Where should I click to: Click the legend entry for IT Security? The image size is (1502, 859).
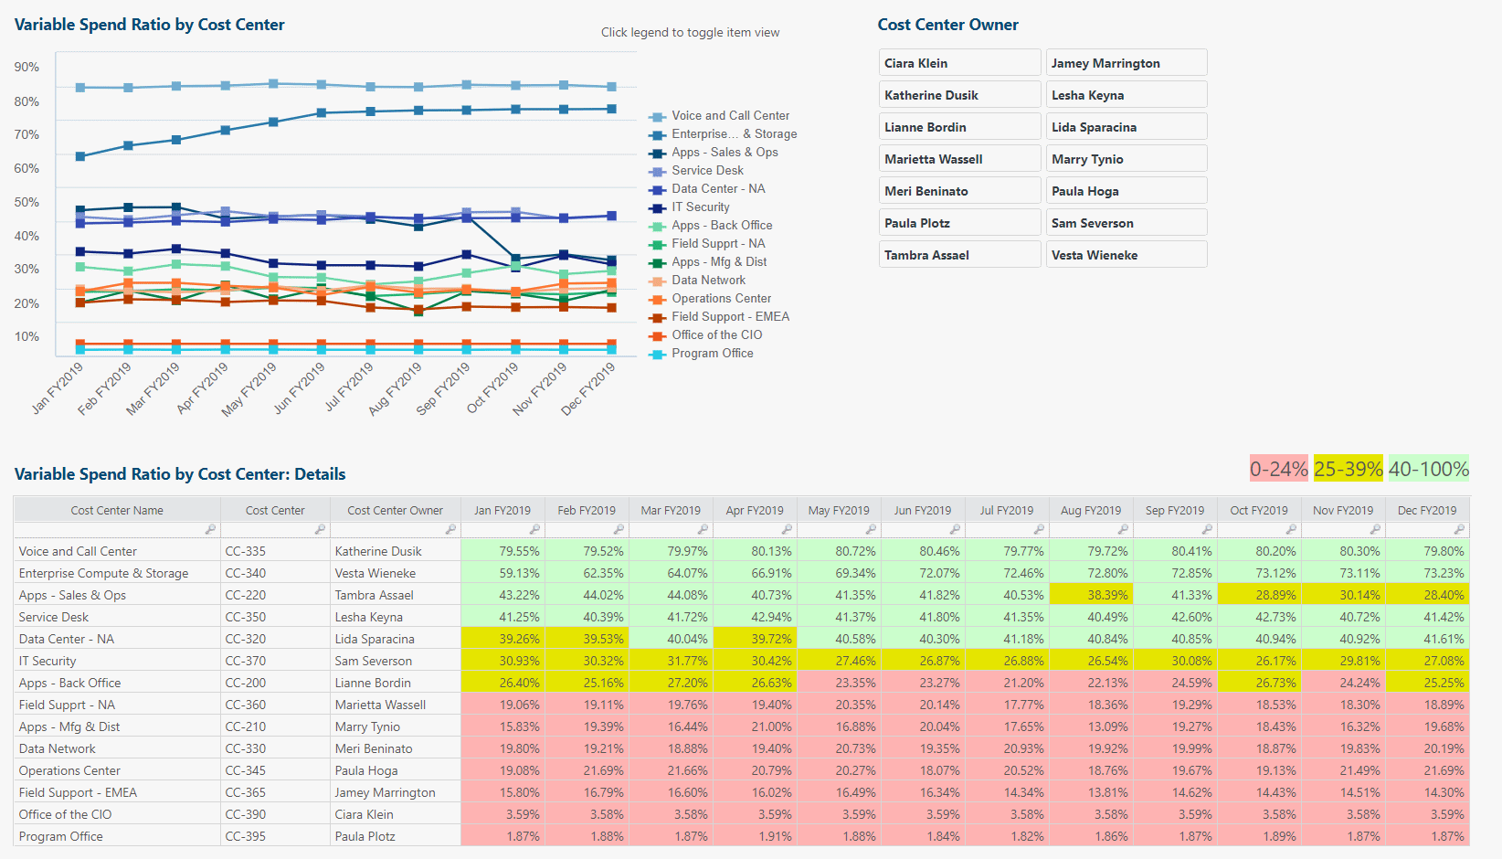tap(700, 207)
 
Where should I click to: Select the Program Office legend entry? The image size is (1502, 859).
tap(712, 354)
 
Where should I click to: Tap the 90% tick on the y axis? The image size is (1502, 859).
tap(26, 68)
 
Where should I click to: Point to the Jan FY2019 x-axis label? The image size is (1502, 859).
tap(58, 387)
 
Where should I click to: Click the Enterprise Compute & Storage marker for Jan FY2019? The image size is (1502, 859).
tap(80, 156)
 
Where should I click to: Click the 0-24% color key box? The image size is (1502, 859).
tap(1278, 469)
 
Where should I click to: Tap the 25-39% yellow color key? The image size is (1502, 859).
tap(1348, 469)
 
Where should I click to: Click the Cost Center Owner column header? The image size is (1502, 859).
tap(395, 511)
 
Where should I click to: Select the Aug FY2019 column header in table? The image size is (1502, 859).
tap(1090, 511)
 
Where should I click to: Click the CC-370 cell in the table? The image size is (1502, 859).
tap(246, 661)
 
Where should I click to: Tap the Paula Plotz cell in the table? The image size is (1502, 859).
tap(365, 836)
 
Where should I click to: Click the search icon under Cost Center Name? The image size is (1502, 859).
tap(210, 530)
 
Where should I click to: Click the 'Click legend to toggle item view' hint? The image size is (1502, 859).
tap(690, 33)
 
